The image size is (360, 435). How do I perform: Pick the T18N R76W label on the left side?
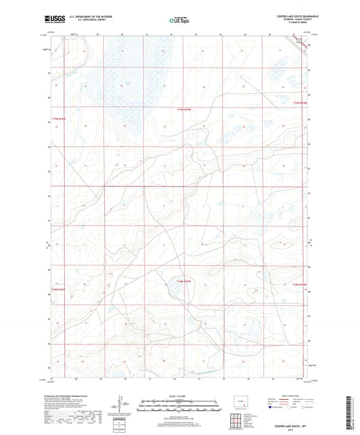coord(59,291)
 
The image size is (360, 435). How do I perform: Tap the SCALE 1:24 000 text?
coord(180,396)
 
